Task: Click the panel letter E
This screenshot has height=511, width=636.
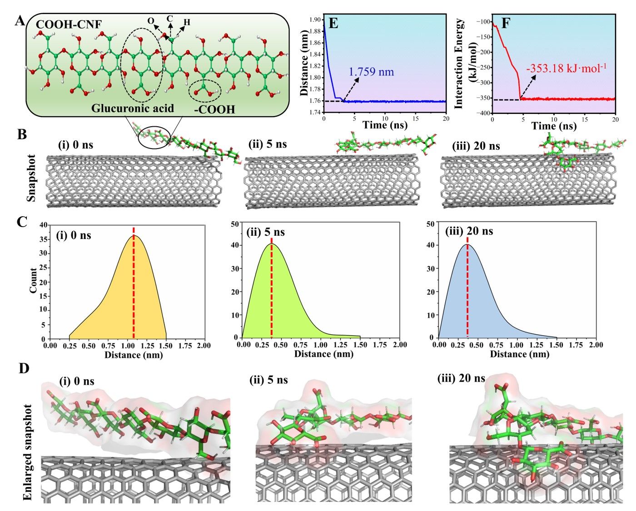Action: (333, 23)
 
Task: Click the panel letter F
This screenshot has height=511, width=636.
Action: (506, 23)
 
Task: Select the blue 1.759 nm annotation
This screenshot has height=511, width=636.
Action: (371, 72)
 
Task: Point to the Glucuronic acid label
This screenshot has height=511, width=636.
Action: (132, 108)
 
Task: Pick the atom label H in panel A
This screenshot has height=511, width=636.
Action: (187, 22)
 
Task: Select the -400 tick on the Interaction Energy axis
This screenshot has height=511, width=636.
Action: (483, 113)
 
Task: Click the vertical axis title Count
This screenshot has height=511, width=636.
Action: (34, 280)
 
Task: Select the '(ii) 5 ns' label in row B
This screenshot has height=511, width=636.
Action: (268, 144)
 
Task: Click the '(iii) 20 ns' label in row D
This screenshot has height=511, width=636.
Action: (461, 378)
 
